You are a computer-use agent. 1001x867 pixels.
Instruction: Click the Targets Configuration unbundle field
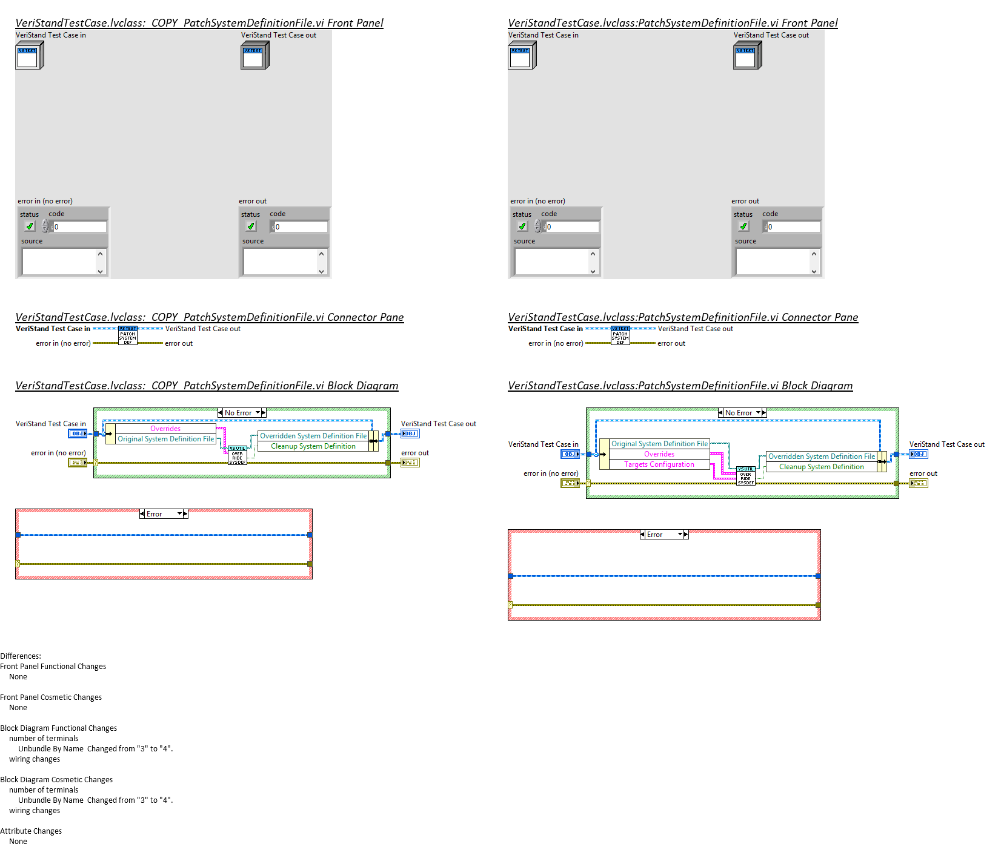[x=659, y=464]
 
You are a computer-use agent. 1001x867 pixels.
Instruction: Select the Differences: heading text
[x=21, y=656]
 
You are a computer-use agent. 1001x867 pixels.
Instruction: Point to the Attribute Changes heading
[x=31, y=831]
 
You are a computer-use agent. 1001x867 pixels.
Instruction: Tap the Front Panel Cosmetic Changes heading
[x=51, y=697]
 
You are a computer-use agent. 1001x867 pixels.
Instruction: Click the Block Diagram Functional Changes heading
[x=58, y=728]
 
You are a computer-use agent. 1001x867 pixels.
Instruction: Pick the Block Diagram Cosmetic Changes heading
[x=56, y=779]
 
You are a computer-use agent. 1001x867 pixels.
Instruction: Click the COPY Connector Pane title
[x=209, y=317]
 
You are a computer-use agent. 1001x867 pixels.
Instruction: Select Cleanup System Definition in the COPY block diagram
[x=313, y=446]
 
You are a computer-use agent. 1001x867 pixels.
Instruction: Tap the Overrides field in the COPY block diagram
[x=165, y=429]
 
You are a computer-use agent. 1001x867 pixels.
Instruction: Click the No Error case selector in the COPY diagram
[x=241, y=413]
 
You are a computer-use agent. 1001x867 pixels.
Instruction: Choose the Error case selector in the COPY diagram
[x=164, y=514]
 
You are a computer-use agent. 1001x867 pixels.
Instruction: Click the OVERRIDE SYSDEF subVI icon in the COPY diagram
[x=238, y=456]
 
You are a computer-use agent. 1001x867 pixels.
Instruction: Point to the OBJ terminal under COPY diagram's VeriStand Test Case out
[x=410, y=434]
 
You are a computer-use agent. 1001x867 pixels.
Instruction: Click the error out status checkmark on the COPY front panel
[x=251, y=226]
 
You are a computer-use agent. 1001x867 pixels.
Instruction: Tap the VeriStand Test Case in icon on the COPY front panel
[x=28, y=57]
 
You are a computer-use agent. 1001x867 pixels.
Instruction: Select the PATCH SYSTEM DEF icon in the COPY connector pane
[x=127, y=335]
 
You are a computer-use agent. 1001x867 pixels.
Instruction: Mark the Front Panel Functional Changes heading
[x=53, y=666]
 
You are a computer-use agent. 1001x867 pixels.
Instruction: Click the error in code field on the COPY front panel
[x=79, y=226]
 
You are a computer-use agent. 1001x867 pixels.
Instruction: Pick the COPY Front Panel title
[x=199, y=23]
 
